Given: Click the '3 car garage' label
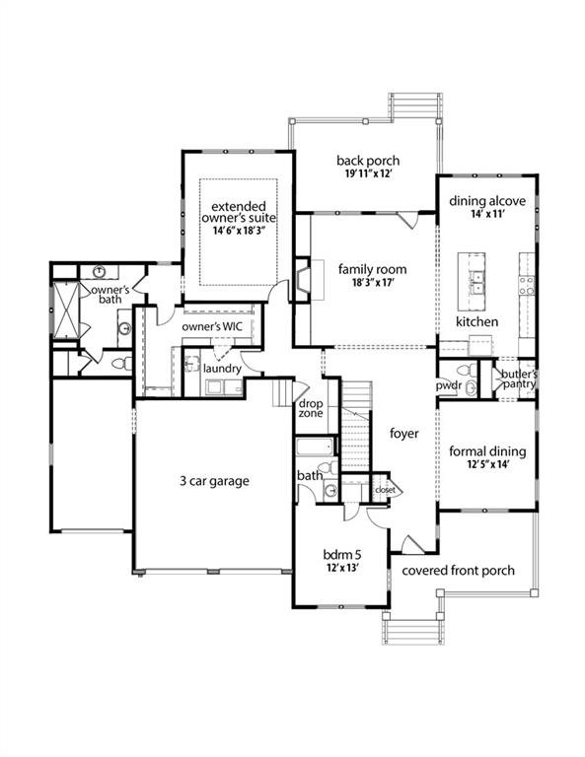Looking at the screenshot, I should pos(214,481).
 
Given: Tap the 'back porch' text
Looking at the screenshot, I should pos(367,161).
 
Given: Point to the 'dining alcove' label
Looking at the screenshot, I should pos(487,201).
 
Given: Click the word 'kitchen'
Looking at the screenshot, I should pos(476,321).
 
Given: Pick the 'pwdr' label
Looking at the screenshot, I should pos(449,387).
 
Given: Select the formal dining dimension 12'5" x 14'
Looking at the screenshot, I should pos(487,466).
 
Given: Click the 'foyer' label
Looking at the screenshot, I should pos(404,433).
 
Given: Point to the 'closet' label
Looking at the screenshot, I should pos(384,489).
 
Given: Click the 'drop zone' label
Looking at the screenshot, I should pos(310,410).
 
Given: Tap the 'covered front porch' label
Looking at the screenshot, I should pos(452,570).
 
